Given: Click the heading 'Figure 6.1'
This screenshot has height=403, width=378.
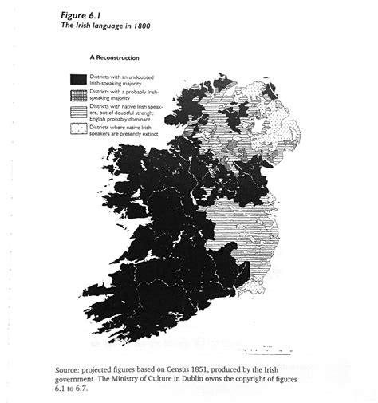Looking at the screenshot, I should [77, 15].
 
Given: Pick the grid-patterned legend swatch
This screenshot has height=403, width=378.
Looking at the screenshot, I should [77, 94].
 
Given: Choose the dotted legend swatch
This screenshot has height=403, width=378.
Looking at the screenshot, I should [77, 129].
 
